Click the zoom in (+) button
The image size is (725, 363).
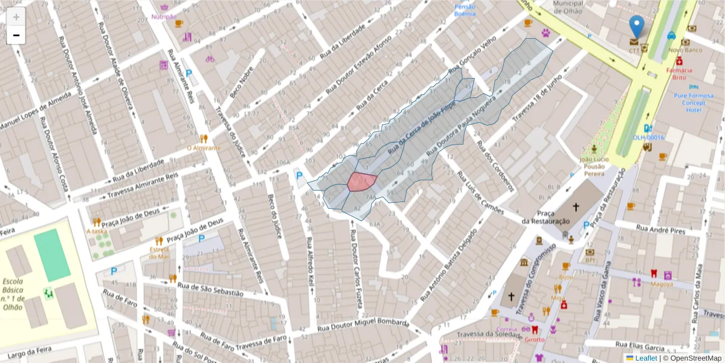click(16, 17)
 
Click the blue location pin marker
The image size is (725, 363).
click(636, 27)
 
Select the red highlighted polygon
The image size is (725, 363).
click(362, 181)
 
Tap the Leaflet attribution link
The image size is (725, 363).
click(645, 358)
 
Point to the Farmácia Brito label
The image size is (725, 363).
click(679, 73)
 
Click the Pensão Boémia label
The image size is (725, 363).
click(465, 10)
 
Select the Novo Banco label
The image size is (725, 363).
click(685, 50)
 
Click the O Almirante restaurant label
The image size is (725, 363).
click(204, 148)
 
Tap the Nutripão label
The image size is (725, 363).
click(164, 16)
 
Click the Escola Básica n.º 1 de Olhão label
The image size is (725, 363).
click(13, 294)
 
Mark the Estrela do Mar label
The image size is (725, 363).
click(159, 252)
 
